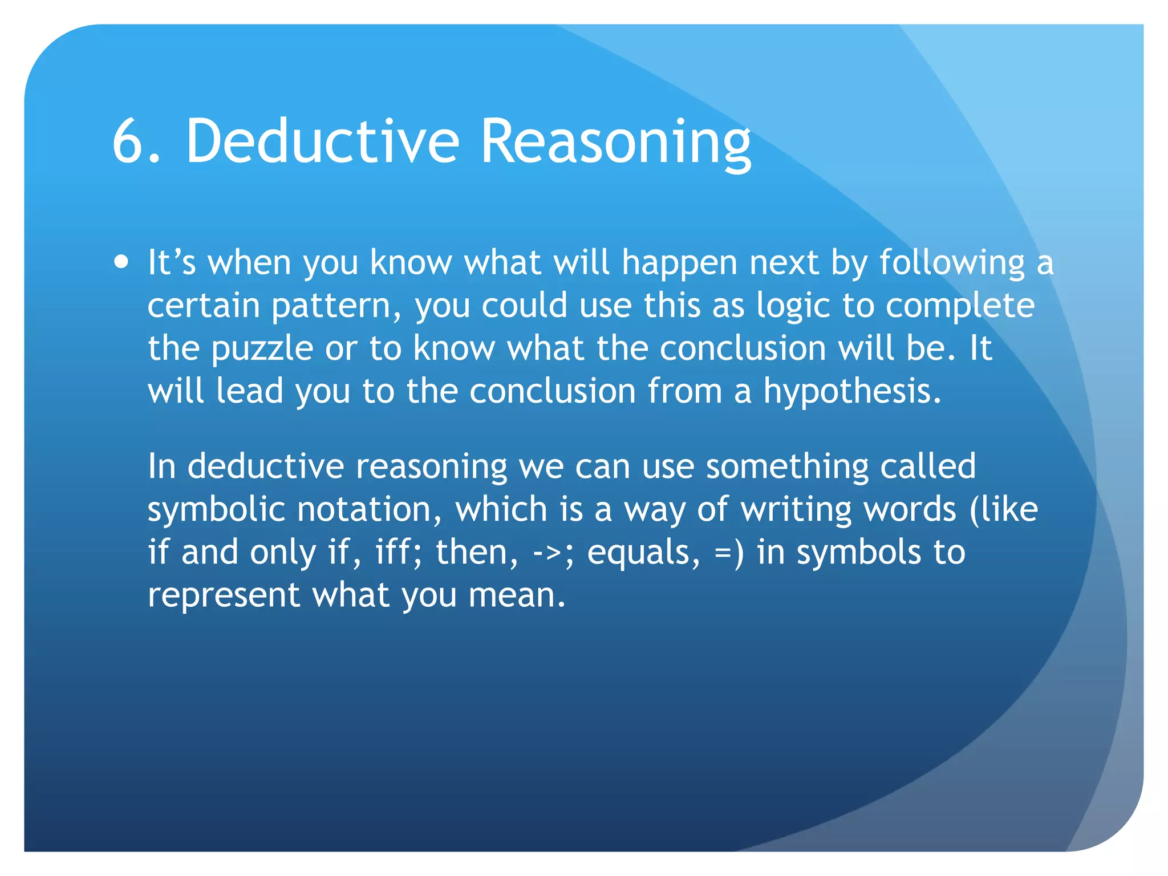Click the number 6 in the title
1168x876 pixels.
[x=130, y=141]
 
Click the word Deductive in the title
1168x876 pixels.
[x=322, y=141]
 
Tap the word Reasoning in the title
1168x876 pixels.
[x=616, y=143]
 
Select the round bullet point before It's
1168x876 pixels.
[x=121, y=263]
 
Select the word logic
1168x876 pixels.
[x=793, y=307]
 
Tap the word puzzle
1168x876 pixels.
[x=262, y=350]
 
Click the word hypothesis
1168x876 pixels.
[x=852, y=392]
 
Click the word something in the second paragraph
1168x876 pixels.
[x=787, y=467]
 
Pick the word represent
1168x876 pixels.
[x=224, y=596]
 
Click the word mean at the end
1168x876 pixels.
[x=516, y=596]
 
